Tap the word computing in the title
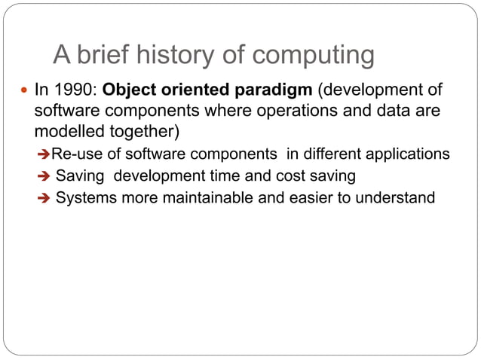(x=314, y=56)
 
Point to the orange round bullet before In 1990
(x=23, y=92)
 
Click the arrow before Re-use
(x=44, y=154)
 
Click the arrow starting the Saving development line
(x=44, y=176)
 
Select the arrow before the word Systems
(x=44, y=199)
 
